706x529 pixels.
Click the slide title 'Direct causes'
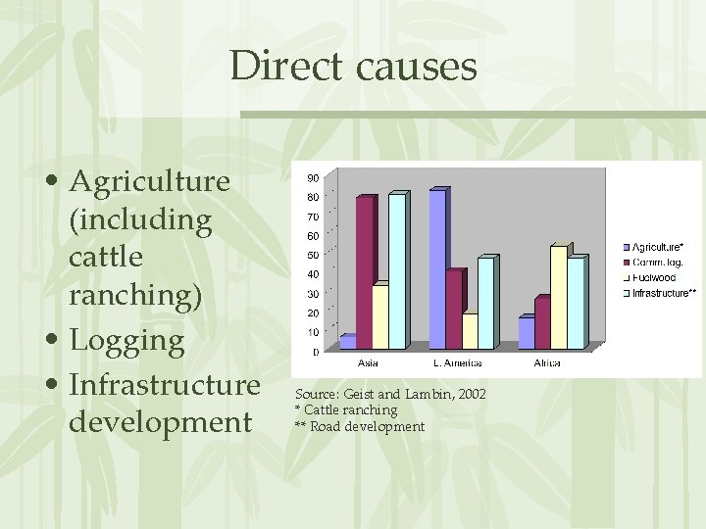tap(353, 67)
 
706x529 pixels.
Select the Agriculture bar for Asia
tap(347, 342)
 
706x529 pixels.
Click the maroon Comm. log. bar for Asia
tap(365, 272)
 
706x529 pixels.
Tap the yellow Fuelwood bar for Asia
tap(380, 316)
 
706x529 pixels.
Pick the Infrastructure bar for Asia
tap(397, 271)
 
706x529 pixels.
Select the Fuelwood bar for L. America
tap(470, 331)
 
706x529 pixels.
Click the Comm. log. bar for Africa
tap(542, 323)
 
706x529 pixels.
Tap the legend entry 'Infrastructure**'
tap(663, 293)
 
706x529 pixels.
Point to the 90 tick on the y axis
tap(312, 177)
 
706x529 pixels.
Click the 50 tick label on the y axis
tap(312, 255)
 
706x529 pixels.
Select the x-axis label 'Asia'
tap(369, 363)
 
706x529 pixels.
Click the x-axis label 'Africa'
tap(547, 363)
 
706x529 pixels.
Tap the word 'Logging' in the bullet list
tap(126, 341)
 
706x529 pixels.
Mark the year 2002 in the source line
tap(469, 394)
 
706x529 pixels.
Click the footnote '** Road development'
tap(360, 426)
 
